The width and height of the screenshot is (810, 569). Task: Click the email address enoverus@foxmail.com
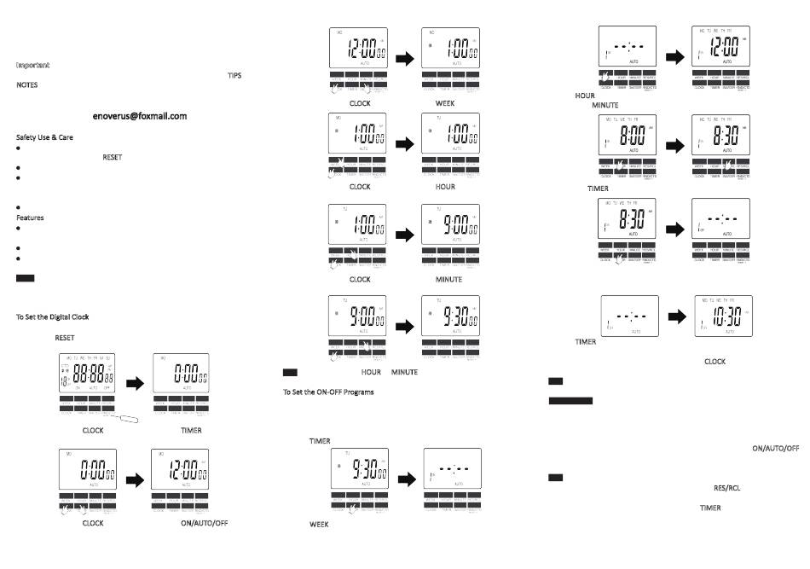pos(140,115)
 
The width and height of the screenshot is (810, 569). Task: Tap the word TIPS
pos(234,75)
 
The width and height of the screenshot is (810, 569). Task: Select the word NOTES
pos(27,85)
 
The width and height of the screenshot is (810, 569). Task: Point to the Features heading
pos(30,218)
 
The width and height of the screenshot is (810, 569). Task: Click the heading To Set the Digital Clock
pos(52,316)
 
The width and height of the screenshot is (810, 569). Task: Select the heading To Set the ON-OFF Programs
pos(328,392)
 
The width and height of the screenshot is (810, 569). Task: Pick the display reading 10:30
pos(723,317)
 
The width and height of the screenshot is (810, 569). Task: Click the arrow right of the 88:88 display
pos(134,384)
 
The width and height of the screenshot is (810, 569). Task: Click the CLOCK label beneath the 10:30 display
pos(715,362)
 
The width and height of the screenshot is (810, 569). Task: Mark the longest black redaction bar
pos(570,400)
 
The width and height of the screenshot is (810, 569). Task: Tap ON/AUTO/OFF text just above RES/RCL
pos(775,448)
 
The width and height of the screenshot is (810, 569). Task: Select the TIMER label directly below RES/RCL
pos(710,508)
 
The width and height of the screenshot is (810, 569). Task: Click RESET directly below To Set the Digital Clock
pos(65,338)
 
